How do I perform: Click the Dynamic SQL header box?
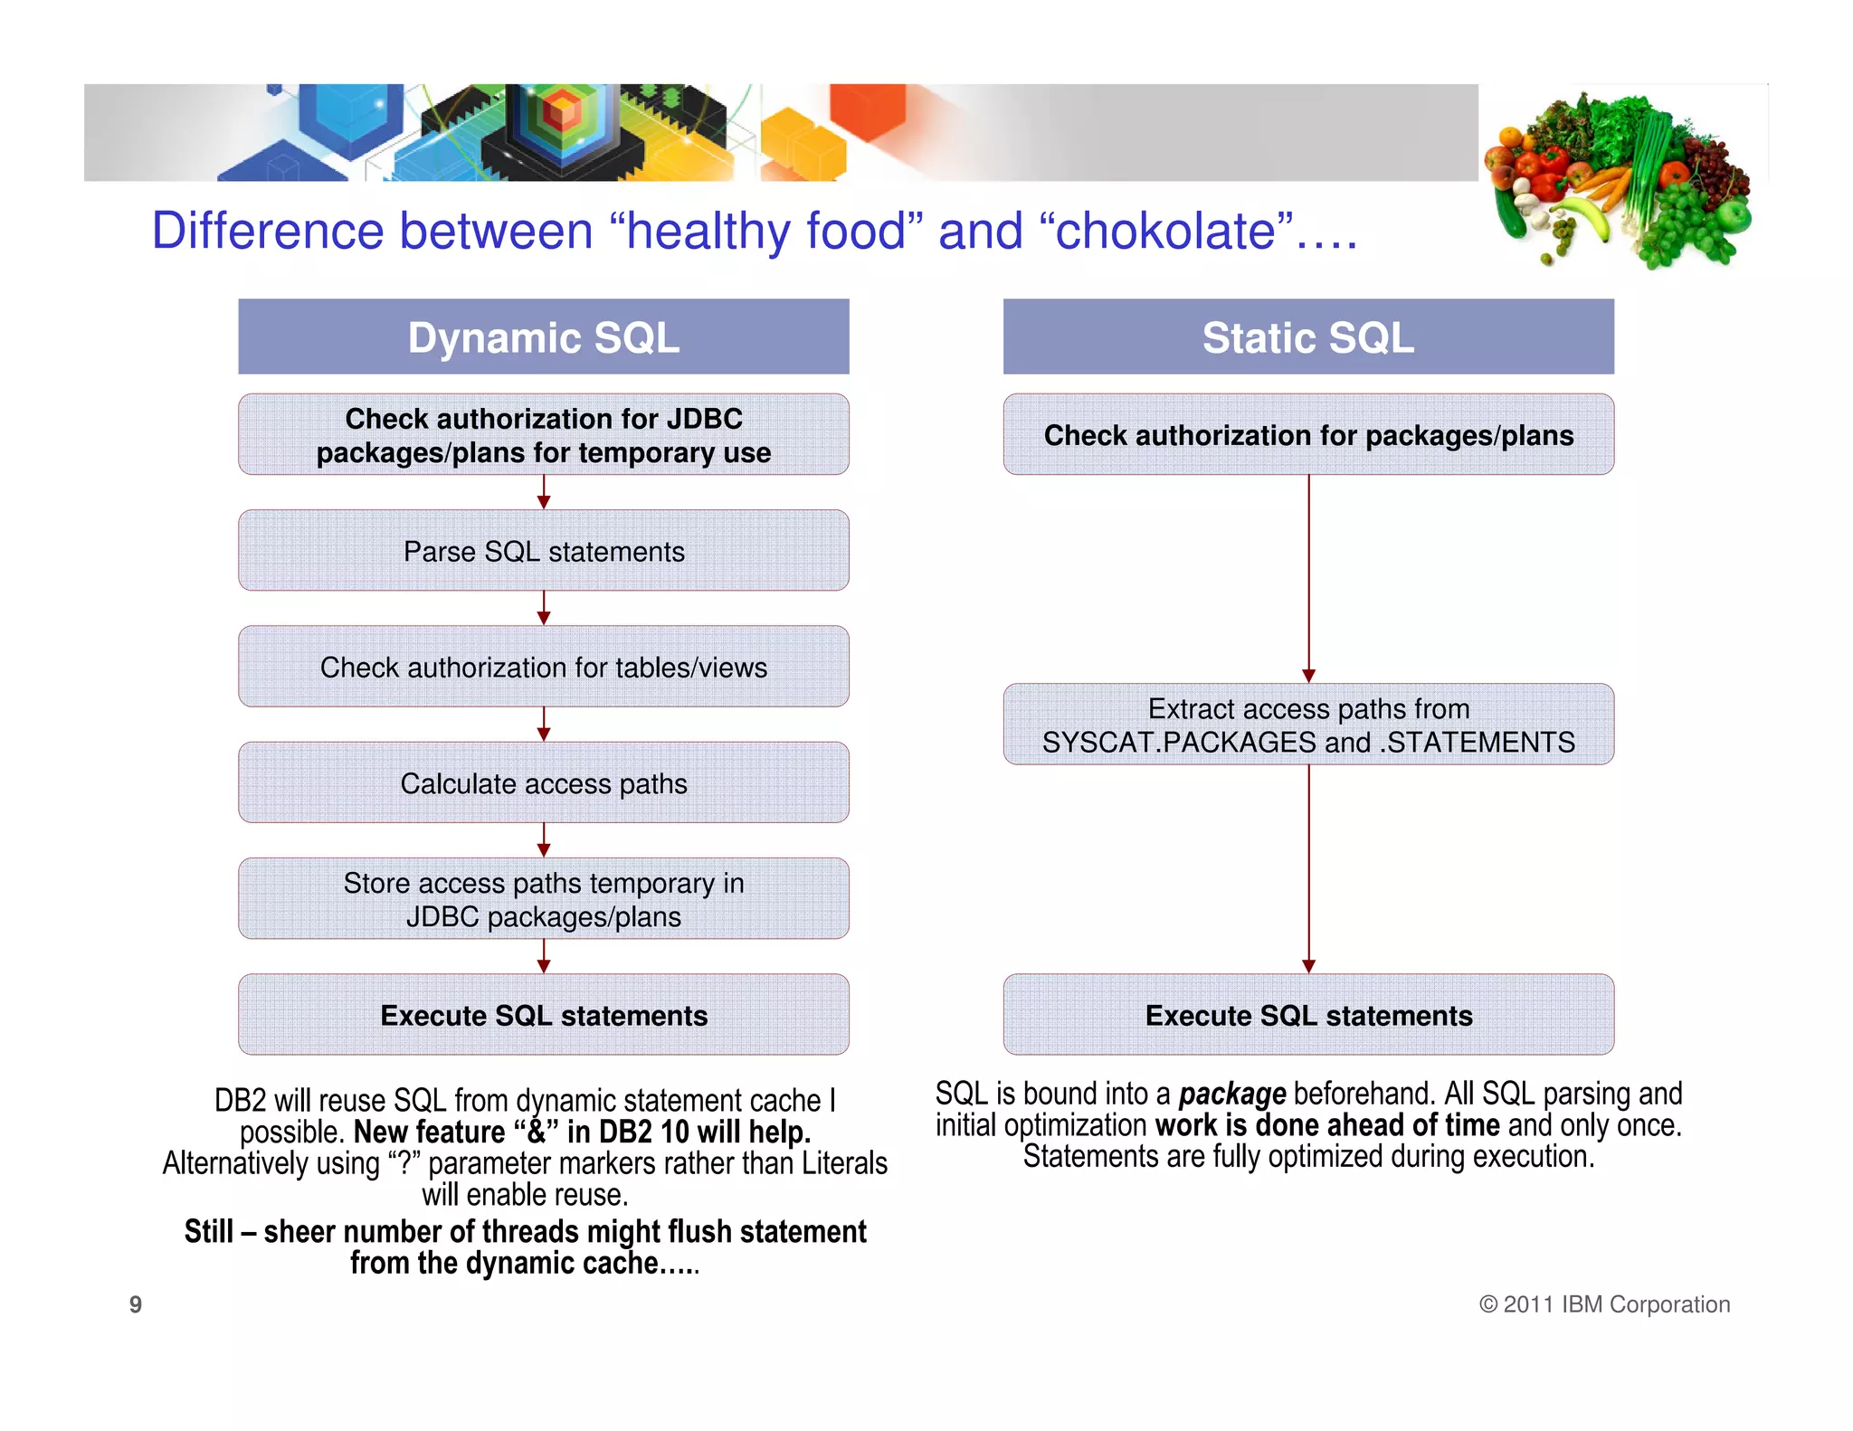543,336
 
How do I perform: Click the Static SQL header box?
1307,336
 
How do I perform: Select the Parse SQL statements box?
543,550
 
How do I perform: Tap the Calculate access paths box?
543,782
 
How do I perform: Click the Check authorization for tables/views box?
543,667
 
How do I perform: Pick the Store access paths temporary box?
543,898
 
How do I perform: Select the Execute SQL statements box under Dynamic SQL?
543,1014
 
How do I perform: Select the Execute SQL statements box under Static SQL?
1307,1014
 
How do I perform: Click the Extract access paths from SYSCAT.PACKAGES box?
1307,724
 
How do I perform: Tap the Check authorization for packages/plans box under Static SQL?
1307,434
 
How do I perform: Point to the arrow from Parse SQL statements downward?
543,608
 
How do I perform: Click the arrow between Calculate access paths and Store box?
543,839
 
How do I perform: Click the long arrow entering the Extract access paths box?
1308,579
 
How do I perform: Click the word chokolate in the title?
1167,231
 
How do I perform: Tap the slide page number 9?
136,1304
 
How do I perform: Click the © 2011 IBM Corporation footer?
1604,1304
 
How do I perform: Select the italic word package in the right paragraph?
1231,1095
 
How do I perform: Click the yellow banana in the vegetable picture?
1590,218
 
